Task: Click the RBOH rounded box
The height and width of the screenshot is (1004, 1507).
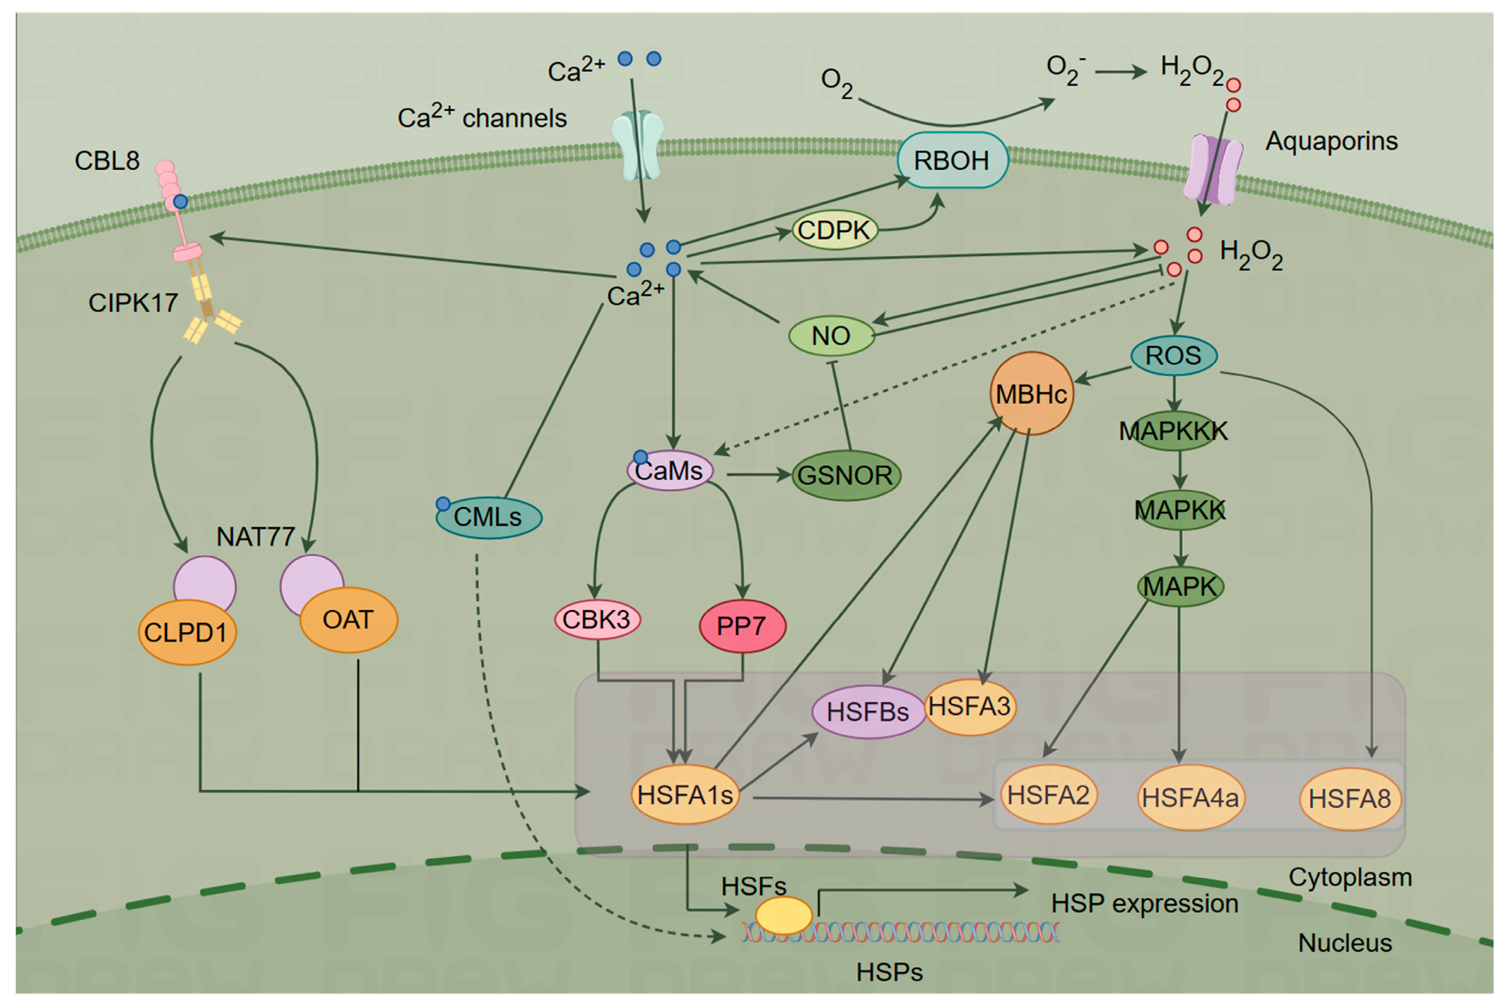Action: [952, 160]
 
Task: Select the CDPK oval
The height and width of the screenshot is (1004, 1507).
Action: [834, 230]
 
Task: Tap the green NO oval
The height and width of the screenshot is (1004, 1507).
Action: [831, 336]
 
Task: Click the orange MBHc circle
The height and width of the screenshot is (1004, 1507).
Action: [1031, 393]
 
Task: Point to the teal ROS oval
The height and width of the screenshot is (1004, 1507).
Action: [1174, 355]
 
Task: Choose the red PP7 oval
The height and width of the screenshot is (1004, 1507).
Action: [742, 626]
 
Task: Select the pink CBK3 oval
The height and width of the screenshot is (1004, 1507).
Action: [597, 619]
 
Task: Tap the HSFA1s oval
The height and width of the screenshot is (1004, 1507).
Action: [684, 795]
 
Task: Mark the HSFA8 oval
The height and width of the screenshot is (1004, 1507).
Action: [1349, 799]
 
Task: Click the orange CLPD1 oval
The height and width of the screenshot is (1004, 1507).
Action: [186, 633]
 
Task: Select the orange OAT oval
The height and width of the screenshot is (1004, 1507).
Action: [348, 620]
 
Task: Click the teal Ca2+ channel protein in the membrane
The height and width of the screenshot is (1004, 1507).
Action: [637, 145]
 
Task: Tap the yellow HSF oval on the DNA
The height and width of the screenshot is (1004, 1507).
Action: [784, 916]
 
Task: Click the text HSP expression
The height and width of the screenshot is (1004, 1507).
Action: [1144, 904]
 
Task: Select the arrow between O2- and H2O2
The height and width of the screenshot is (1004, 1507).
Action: [1120, 72]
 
